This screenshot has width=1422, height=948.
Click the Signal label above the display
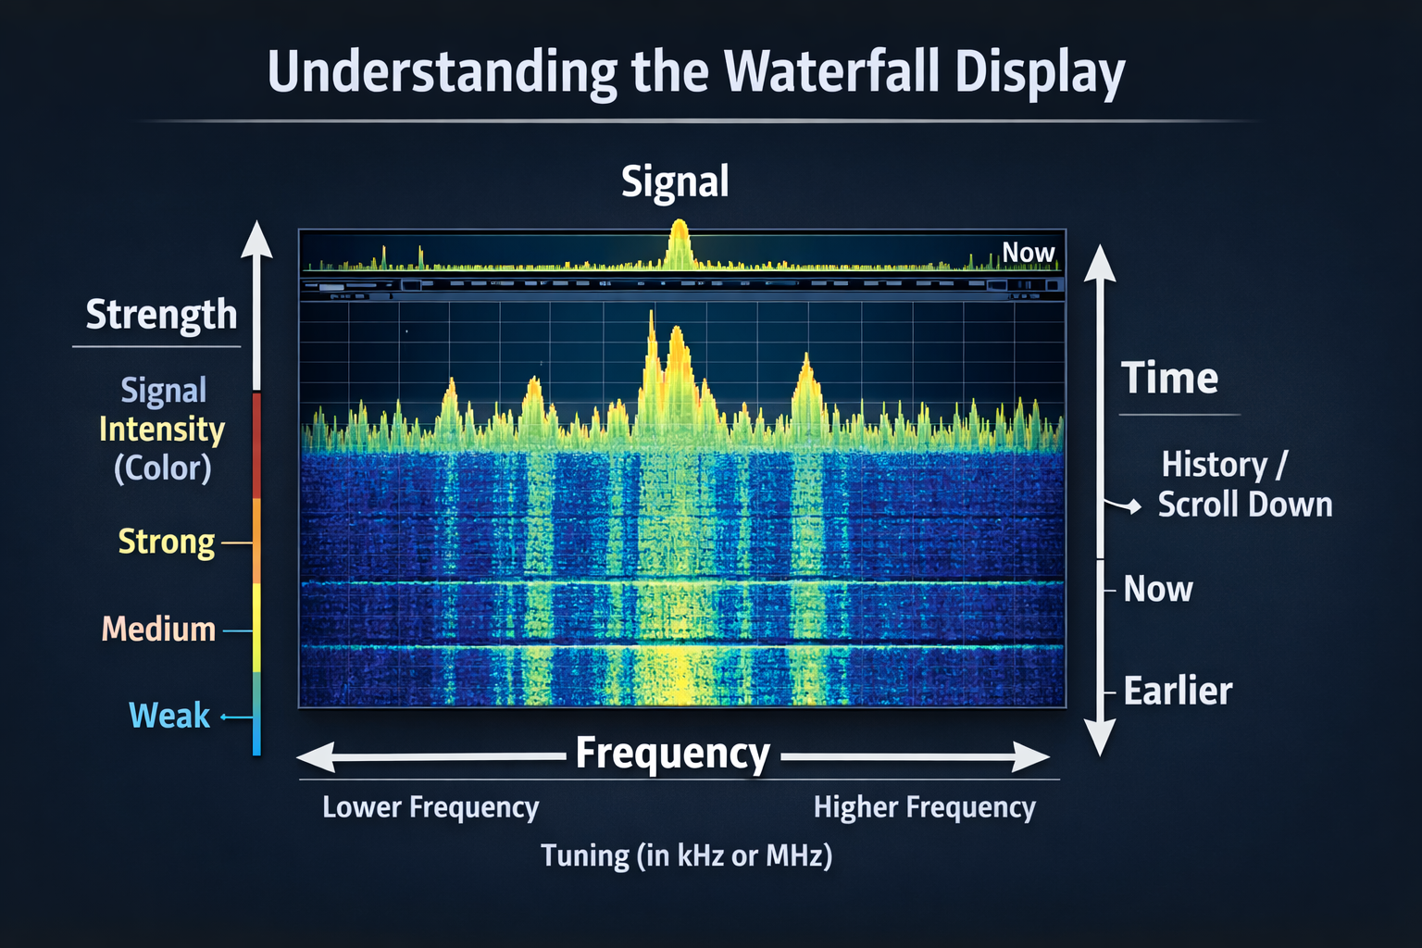pos(675,181)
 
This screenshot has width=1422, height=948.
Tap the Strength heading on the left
pos(161,315)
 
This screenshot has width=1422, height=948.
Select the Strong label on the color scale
pos(167,542)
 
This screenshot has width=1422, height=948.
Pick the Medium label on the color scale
pos(158,630)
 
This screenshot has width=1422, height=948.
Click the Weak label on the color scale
pos(169,716)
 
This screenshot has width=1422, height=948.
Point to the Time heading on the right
pos(1169,379)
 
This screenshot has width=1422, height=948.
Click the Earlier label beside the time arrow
pos(1178,692)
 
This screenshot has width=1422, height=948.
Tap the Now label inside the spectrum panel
pos(1028,253)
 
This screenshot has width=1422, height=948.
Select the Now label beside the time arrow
pos(1157,590)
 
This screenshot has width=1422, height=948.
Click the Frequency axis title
pos(673,754)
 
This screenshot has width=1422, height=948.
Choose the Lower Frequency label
pos(430,807)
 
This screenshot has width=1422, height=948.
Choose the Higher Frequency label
pos(924,807)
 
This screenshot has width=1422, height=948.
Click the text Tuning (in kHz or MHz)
pos(686,855)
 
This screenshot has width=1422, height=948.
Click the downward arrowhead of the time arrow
pos(1099,738)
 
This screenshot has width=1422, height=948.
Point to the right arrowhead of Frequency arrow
pos(1031,756)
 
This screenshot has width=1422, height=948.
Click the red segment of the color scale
pos(256,444)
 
